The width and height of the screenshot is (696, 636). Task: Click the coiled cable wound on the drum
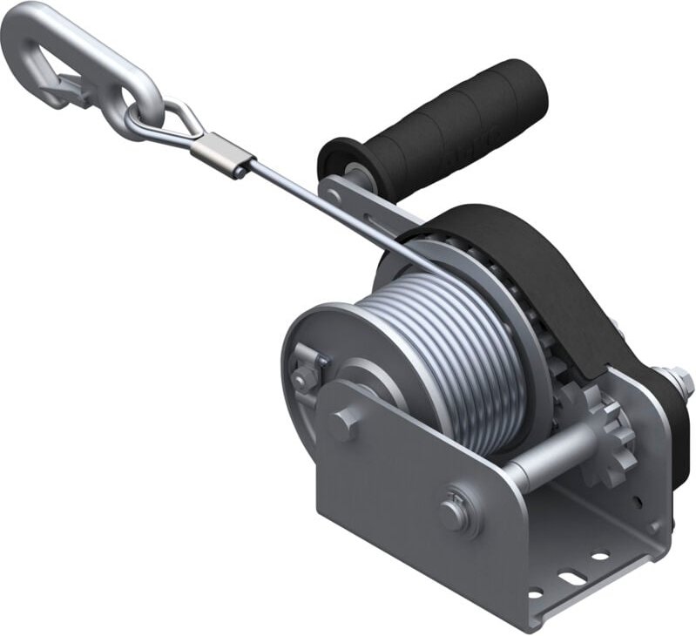click(x=453, y=348)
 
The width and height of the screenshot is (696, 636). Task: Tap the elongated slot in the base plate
click(x=570, y=577)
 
